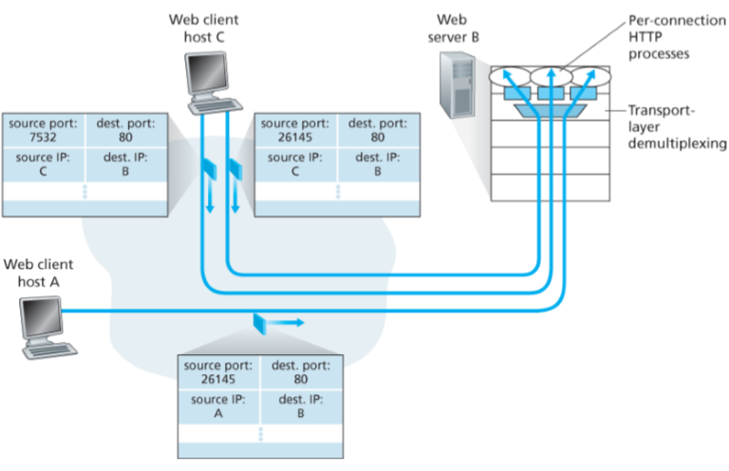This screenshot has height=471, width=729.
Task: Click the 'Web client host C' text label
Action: point(207,28)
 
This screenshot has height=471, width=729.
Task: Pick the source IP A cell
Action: point(216,406)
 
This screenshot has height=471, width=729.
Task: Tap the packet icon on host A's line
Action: point(260,323)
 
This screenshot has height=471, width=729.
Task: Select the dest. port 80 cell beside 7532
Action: point(126,129)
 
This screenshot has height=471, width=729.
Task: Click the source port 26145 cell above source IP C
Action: point(296,129)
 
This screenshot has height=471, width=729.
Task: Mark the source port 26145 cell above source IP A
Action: point(216,371)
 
